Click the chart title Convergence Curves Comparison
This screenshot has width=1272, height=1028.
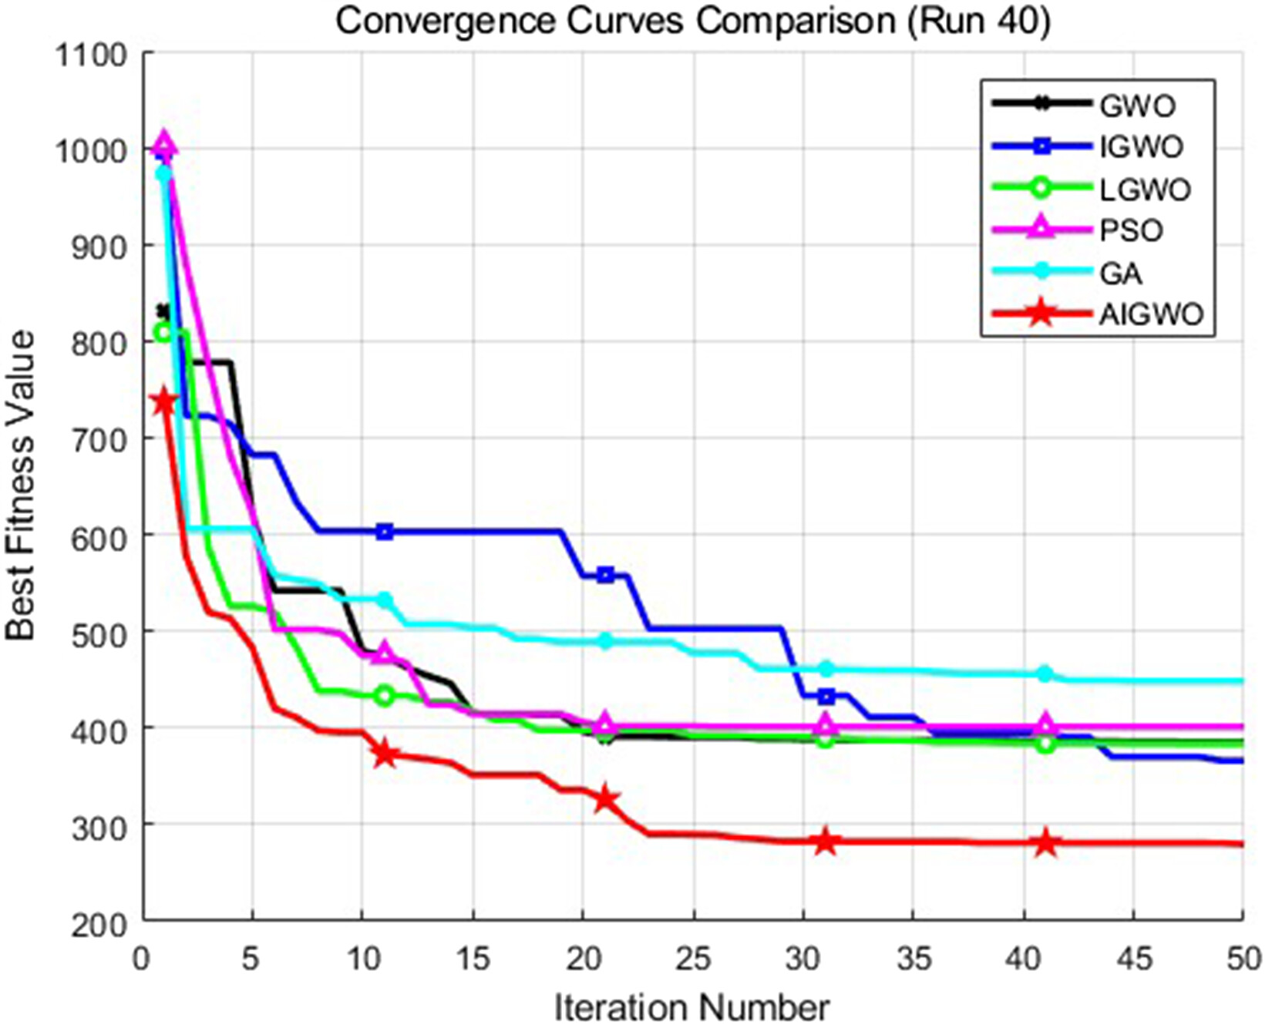tap(692, 22)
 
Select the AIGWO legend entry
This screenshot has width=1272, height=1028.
tap(1151, 314)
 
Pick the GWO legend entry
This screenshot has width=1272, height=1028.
tap(1137, 105)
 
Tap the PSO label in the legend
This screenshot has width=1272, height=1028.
tap(1131, 230)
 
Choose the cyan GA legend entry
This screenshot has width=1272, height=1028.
tap(1121, 273)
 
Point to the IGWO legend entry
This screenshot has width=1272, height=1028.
tap(1141, 146)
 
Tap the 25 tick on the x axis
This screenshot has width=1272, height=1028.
tap(693, 960)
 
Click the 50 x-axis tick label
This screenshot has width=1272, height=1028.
tap(1243, 960)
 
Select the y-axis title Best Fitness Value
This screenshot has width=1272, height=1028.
tap(22, 485)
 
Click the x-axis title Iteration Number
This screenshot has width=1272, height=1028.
tap(692, 1007)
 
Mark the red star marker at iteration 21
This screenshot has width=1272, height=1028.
tap(605, 799)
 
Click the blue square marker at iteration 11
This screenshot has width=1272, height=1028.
tap(385, 532)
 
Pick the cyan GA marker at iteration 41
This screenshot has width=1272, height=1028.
tap(1045, 674)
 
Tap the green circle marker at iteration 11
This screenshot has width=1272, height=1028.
tap(385, 696)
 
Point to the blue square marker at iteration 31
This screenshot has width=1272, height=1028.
tap(826, 697)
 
